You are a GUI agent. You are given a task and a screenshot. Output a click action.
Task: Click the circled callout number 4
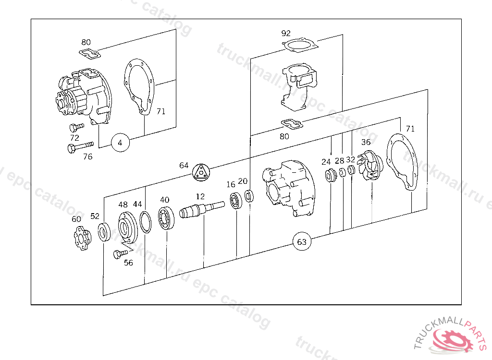click(120, 143)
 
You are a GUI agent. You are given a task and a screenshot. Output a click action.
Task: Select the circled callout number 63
click(302, 242)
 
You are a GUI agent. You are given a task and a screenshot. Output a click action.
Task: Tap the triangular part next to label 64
click(201, 172)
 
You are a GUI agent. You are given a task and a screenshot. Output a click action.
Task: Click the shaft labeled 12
click(202, 210)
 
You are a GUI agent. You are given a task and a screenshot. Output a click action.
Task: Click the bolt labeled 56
click(120, 253)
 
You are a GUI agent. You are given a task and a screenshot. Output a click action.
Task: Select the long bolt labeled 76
click(81, 147)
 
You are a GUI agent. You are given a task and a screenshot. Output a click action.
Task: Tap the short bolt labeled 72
click(76, 127)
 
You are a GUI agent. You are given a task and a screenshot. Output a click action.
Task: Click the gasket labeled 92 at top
click(300, 45)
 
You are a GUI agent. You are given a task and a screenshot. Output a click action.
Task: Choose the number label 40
click(164, 200)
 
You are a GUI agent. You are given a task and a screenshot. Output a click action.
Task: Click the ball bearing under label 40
click(166, 218)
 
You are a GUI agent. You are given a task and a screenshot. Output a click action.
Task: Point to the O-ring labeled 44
click(145, 222)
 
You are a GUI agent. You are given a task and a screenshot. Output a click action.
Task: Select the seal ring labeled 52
click(104, 232)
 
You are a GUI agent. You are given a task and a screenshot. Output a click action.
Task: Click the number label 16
click(231, 184)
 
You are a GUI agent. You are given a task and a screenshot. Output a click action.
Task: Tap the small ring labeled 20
click(249, 196)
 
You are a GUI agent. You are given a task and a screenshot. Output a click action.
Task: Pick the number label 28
click(340, 161)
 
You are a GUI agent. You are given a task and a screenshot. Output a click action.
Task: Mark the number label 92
click(286, 33)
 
